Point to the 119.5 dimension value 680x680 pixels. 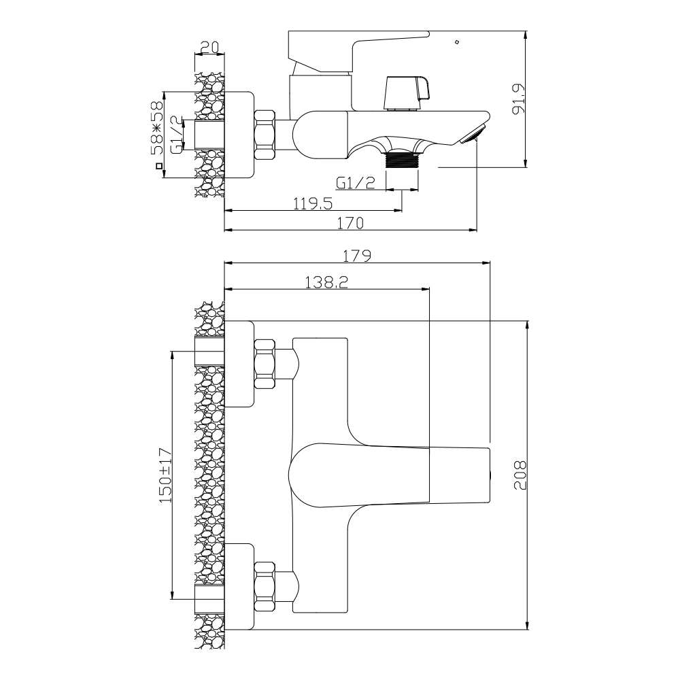312,202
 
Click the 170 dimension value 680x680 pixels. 350,222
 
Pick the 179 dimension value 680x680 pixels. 356,256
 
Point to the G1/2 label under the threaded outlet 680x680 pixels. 356,182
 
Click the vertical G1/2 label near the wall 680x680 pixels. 176,135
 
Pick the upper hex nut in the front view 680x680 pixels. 265,362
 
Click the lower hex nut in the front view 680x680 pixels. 265,586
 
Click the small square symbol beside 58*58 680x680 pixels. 159,165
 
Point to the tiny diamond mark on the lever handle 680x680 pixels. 456,44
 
